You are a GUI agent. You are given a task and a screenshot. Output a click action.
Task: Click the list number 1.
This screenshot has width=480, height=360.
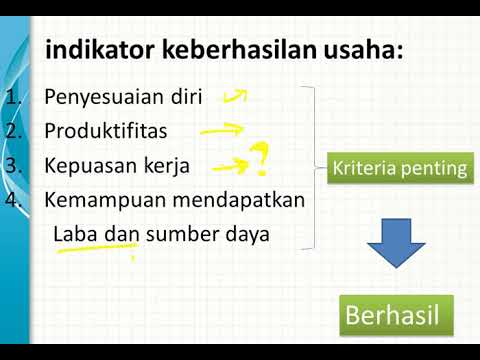coord(13,98)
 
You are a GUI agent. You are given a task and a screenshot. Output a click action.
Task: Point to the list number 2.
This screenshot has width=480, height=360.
coord(13,131)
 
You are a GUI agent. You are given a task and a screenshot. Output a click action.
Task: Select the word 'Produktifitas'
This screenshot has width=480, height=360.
coord(105,131)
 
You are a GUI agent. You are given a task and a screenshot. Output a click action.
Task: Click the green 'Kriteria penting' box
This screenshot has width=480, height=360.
coord(399,169)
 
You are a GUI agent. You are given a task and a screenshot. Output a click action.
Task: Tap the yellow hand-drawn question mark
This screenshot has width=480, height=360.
coord(260,157)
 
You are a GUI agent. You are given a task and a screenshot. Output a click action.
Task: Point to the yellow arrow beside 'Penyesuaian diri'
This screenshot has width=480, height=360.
coord(234,96)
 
